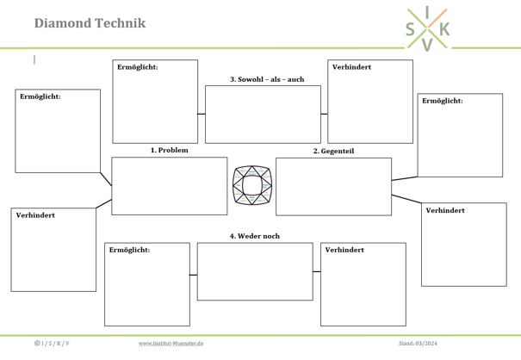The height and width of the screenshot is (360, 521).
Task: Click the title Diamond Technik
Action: (90, 23)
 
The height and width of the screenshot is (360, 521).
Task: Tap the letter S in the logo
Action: (410, 29)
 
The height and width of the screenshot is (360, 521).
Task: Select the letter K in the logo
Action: (444, 29)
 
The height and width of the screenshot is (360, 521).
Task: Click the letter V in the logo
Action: (427, 45)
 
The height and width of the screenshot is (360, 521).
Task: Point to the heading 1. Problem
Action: (169, 150)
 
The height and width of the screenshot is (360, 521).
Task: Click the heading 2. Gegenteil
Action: (333, 151)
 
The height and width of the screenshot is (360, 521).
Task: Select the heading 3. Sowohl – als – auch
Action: (267, 79)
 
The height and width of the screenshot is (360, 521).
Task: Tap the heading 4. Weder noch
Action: (255, 236)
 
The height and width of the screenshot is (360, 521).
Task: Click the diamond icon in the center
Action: (252, 185)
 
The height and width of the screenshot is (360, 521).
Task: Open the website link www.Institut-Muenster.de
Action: (171, 344)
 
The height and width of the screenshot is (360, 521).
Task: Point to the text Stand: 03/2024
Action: (418, 344)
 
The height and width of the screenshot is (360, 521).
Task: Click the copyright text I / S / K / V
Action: (52, 344)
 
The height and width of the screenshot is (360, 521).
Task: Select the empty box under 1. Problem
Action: (170, 186)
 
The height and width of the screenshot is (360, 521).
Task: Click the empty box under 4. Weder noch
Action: (255, 271)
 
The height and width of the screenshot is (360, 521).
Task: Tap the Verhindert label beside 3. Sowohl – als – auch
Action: (351, 67)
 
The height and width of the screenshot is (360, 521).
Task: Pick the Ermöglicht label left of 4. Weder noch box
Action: (129, 250)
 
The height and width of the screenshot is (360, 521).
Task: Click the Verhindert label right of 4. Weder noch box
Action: (344, 250)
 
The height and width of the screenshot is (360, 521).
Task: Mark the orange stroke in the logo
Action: (437, 18)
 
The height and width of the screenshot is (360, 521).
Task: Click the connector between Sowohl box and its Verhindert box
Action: (325, 114)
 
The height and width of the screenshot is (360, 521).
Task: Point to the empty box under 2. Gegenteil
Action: (333, 187)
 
